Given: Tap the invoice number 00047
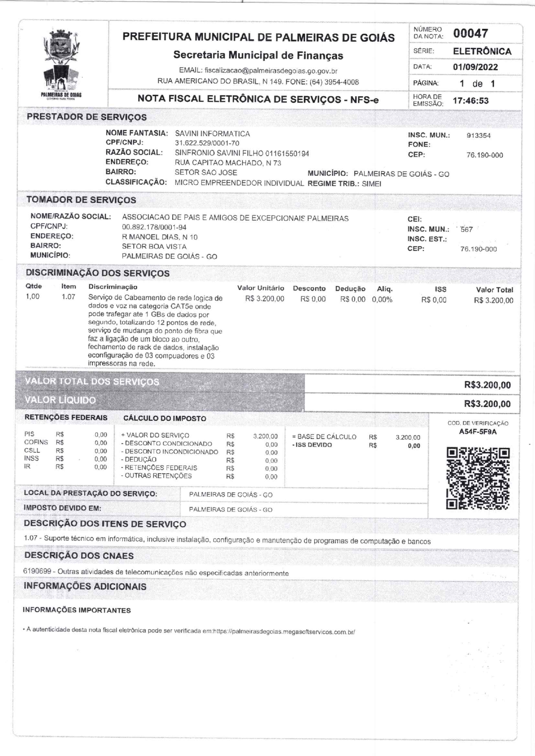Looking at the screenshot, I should point(470,34).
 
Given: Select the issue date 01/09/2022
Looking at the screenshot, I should point(475,67).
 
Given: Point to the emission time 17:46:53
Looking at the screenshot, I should point(470,101).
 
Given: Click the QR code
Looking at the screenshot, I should point(478,478).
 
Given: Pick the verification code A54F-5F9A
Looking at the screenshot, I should point(478,432).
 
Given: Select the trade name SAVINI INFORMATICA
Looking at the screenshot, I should point(212,134).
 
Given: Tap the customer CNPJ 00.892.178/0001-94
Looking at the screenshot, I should point(154,227).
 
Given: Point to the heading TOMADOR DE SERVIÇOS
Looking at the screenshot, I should point(81,200).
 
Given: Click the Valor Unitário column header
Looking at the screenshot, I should point(261,288).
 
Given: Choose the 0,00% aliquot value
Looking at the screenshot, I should point(382,300).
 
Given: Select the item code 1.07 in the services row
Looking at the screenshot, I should point(68,297).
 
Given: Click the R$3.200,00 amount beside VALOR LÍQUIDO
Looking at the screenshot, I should point(487,404).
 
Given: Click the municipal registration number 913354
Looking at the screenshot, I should point(478,136).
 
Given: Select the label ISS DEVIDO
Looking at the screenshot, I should point(313,445).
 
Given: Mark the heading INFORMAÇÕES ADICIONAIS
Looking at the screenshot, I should point(85,586).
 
